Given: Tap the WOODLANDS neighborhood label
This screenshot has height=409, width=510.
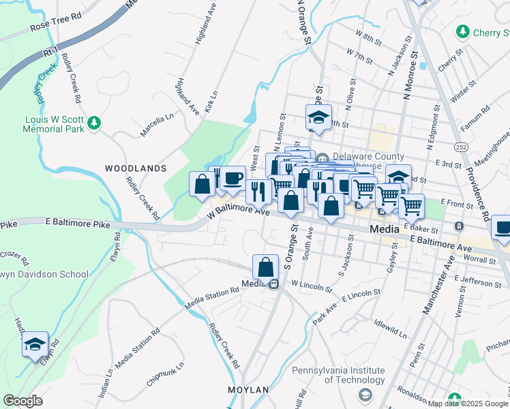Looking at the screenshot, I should pyautogui.click(x=135, y=168).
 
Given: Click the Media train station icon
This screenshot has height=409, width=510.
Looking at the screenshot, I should pyautogui.click(x=273, y=284).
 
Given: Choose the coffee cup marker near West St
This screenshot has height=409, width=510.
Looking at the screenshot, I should pyautogui.click(x=232, y=179).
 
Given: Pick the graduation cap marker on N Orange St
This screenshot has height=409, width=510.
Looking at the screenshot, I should pyautogui.click(x=318, y=118).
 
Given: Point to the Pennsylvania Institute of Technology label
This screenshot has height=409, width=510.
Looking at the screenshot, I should pyautogui.click(x=337, y=375).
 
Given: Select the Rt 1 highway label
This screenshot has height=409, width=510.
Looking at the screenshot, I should pyautogui.click(x=50, y=52).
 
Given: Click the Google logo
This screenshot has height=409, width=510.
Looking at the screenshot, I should pyautogui.click(x=22, y=401).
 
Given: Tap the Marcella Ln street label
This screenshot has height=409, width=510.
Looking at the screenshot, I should pyautogui.click(x=157, y=125).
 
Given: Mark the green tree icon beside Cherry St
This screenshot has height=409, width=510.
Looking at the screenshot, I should pyautogui.click(x=463, y=32).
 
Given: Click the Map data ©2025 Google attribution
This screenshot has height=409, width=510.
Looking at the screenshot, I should pyautogui.click(x=468, y=404).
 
